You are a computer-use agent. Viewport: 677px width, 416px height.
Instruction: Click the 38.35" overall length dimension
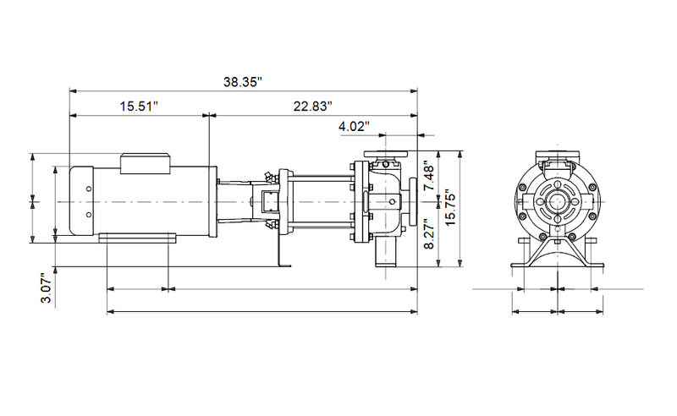(243, 82)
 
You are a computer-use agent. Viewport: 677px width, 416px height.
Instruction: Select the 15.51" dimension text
(139, 107)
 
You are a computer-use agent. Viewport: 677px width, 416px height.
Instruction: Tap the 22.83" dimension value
(313, 107)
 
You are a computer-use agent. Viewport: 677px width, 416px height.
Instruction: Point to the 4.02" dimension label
(354, 127)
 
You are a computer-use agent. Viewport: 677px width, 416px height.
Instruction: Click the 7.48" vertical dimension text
(430, 176)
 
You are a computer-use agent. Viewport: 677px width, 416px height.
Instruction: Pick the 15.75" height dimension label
(450, 207)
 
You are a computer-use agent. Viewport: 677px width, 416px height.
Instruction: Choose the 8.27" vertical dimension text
(430, 233)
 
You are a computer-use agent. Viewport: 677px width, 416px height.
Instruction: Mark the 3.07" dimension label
(47, 287)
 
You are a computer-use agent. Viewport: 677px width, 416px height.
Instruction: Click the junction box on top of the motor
(145, 163)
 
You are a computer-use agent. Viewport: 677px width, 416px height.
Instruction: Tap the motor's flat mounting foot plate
(137, 238)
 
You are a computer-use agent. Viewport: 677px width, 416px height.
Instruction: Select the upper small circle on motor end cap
(89, 189)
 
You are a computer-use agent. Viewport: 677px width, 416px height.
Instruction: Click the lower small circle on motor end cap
(89, 215)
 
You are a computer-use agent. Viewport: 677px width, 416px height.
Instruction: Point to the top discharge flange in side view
(386, 154)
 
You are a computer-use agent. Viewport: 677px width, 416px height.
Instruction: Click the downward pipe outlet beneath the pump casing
(386, 254)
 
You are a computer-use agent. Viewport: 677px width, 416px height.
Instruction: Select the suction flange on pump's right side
(413, 201)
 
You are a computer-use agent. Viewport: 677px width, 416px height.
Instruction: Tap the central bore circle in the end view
(558, 202)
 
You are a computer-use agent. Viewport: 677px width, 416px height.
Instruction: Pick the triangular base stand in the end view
(558, 252)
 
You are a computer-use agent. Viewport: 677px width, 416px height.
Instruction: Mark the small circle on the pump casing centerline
(392, 201)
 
